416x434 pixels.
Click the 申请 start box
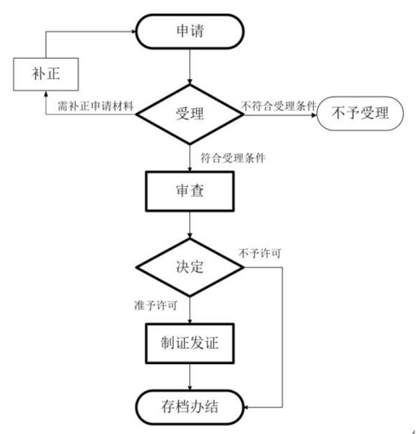tap(190, 32)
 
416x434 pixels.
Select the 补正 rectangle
tap(46, 74)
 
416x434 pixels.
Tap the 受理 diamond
tap(190, 114)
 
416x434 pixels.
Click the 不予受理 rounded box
tap(360, 113)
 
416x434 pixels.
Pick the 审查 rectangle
tap(190, 191)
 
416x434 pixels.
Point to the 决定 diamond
tap(190, 267)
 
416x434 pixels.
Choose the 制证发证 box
tap(190, 344)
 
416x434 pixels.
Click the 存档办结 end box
tap(190, 407)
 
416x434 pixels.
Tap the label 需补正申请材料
tap(95, 106)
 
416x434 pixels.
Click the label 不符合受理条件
tap(279, 106)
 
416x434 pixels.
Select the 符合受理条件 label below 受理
tap(233, 158)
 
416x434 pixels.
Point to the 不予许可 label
tap(260, 253)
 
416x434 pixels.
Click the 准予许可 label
tap(156, 305)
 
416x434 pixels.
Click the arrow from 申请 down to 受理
tap(190, 67)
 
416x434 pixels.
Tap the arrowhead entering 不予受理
tap(314, 115)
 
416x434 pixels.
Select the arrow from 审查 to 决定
tap(190, 225)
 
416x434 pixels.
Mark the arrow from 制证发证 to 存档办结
tap(190, 377)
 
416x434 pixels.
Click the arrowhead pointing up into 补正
tap(46, 94)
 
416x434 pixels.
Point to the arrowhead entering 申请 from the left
tap(134, 32)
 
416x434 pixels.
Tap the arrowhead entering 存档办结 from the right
tap(246, 408)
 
